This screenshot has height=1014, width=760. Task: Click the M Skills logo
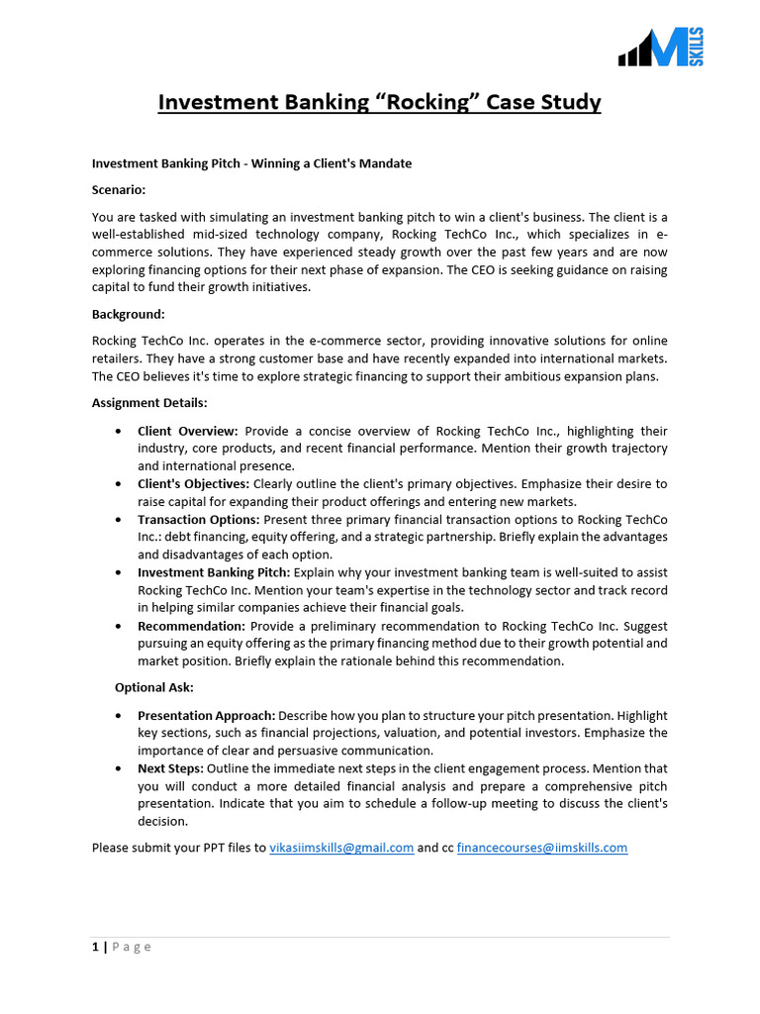point(661,47)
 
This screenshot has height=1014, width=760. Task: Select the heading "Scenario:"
point(119,189)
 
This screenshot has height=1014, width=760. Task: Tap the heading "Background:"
point(128,314)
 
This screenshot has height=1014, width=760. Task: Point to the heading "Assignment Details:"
point(149,403)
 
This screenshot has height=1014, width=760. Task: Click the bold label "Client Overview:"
point(188,432)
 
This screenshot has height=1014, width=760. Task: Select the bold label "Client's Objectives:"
point(194,484)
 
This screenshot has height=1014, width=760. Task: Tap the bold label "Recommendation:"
point(191,626)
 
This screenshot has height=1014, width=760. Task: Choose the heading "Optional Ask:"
point(154,687)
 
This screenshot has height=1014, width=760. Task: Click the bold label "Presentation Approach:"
point(207,715)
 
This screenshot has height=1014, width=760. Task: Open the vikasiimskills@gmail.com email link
point(341,848)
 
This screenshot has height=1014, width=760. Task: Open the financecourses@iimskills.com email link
point(541,848)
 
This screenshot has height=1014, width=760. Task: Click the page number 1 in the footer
point(95,947)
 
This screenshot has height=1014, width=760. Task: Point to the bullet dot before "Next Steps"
point(119,768)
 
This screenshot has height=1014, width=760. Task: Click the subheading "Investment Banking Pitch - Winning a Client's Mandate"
point(251,163)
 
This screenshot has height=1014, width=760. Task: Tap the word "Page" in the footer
point(132,947)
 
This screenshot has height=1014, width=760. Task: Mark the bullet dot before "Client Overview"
point(119,432)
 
